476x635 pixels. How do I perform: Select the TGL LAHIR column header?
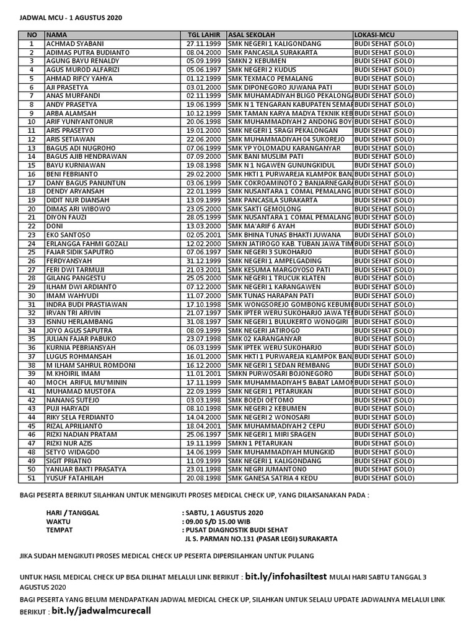(203, 35)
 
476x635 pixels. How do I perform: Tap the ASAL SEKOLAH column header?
(252, 35)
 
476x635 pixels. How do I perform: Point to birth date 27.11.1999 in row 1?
(203, 44)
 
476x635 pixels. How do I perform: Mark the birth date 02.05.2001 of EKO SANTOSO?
(203, 235)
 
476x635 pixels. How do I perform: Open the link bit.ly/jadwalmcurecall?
(101, 610)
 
